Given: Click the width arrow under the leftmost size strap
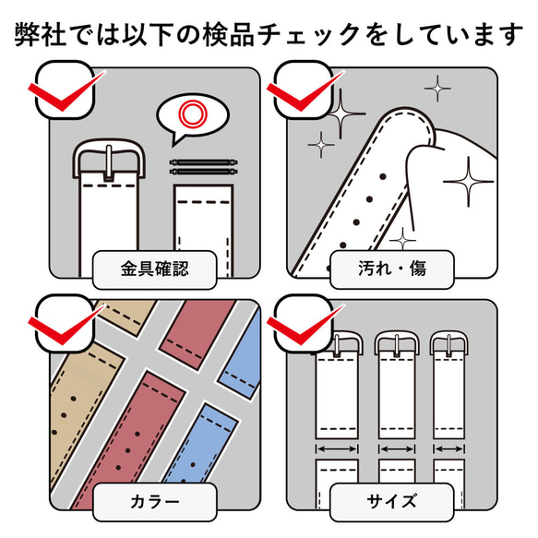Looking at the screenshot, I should [338, 448].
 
